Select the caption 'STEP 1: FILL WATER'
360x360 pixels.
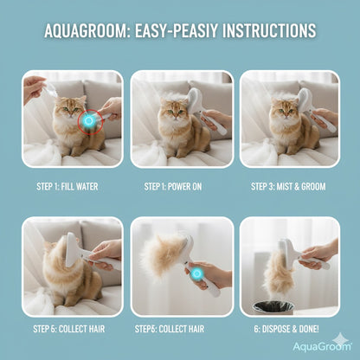(71, 185)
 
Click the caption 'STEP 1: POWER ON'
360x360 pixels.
(180, 185)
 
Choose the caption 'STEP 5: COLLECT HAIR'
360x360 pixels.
(71, 329)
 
